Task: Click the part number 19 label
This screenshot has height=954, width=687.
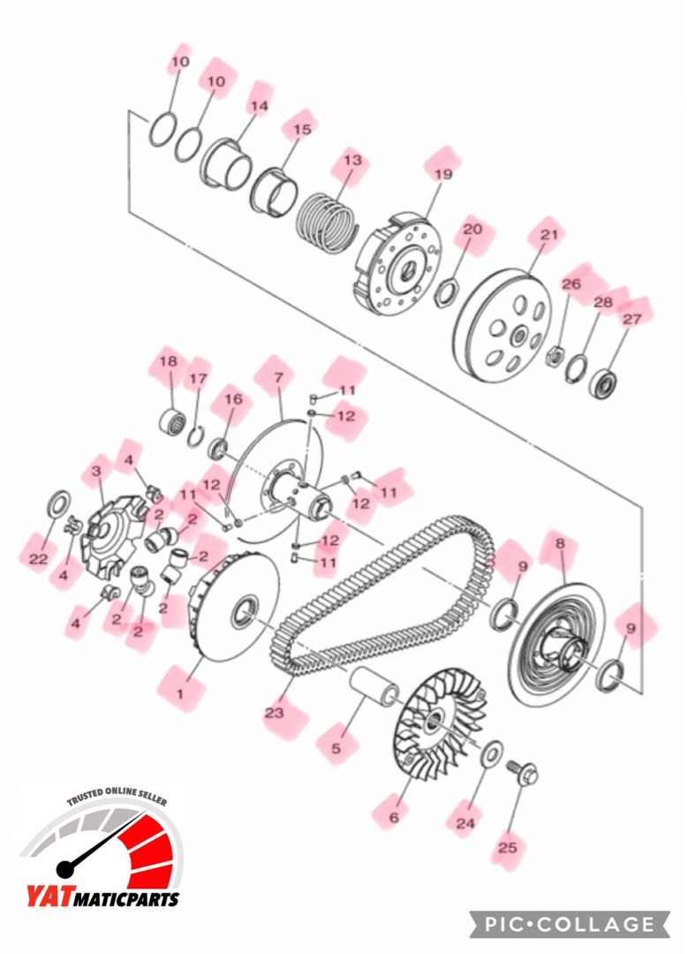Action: (442, 174)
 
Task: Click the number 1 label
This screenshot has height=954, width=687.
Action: (180, 693)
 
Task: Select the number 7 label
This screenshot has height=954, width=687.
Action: (278, 377)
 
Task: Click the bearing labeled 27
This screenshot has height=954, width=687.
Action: (604, 383)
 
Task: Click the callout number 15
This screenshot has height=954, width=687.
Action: (302, 130)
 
